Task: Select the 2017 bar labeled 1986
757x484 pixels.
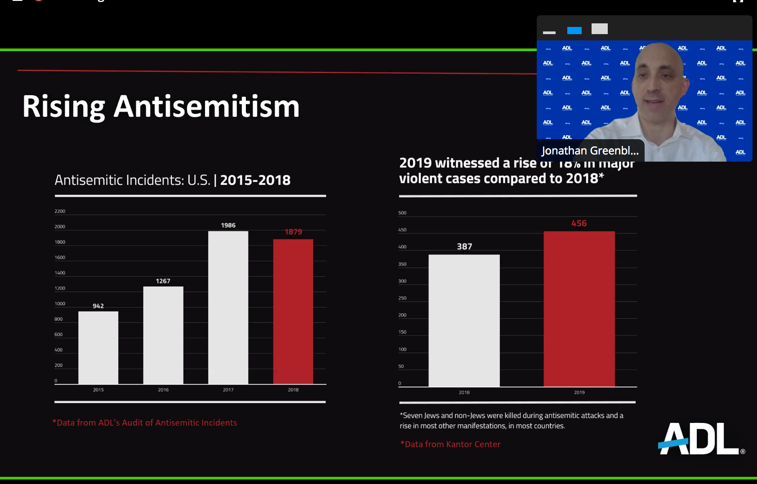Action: (x=228, y=308)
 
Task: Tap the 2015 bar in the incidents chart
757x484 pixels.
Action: (x=98, y=348)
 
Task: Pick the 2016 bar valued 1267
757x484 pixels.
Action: (x=163, y=335)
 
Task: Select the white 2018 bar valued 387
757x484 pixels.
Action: (x=464, y=321)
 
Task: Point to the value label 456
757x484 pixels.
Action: (x=579, y=223)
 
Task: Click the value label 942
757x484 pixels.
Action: (x=98, y=306)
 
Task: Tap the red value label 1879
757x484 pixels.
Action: (x=293, y=232)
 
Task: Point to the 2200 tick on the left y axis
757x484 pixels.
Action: (x=60, y=211)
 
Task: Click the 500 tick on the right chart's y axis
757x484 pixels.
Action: (x=402, y=213)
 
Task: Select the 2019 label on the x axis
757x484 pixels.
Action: (x=579, y=392)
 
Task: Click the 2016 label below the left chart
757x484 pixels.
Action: (x=163, y=390)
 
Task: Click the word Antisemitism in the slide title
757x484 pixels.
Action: (x=206, y=107)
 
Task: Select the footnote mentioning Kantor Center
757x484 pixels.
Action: (x=450, y=444)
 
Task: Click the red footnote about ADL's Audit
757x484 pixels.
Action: (x=144, y=422)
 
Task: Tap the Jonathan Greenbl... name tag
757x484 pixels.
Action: (x=590, y=151)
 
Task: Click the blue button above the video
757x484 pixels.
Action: (x=574, y=31)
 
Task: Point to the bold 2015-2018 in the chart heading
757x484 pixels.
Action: (x=255, y=180)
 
